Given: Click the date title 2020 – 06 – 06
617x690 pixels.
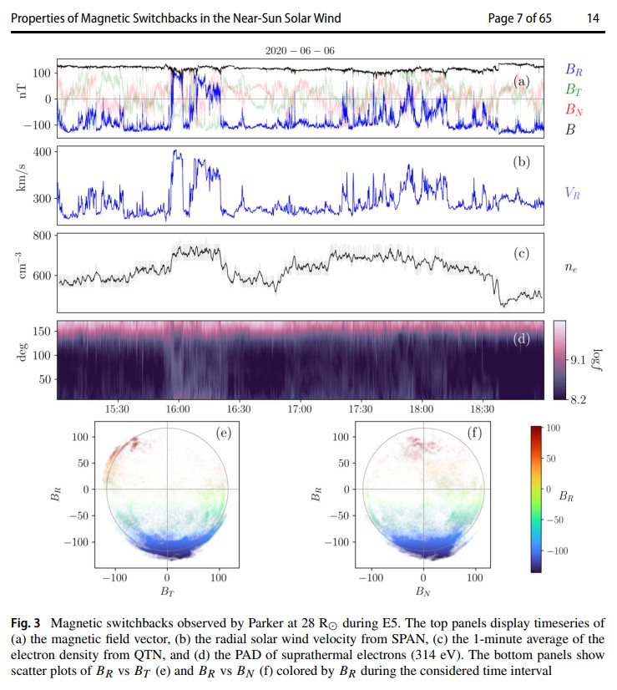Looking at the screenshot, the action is (300, 51).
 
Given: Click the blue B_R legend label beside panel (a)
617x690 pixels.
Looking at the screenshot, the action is (574, 69).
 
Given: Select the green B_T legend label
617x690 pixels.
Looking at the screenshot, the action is (574, 89).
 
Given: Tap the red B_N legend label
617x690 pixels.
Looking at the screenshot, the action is (574, 109).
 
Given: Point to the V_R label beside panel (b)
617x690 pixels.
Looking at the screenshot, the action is (573, 193).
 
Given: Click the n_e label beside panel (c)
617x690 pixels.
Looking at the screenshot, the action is (571, 267).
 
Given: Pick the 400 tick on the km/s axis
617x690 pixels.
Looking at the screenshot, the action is (43, 152).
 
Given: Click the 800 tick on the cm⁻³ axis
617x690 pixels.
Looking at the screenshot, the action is (43, 236).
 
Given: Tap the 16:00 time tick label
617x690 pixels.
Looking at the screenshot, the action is (178, 409).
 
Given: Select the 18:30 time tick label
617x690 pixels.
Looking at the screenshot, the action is (482, 409).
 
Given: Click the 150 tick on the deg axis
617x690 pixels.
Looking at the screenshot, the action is (43, 331).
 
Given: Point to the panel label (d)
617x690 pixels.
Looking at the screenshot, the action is (522, 339).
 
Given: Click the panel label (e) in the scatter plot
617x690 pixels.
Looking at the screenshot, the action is (224, 433).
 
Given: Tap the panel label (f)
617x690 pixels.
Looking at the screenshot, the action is (474, 433).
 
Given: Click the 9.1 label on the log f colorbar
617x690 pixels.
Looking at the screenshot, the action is (578, 360).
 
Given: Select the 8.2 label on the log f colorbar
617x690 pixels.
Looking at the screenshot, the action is (578, 399).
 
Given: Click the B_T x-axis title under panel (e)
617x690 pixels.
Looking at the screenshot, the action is (167, 591).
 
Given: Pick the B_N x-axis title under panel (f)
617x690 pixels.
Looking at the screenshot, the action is (423, 591).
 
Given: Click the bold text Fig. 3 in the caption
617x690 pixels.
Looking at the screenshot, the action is (26, 623).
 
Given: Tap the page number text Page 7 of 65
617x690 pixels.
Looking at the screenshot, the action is (519, 18).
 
